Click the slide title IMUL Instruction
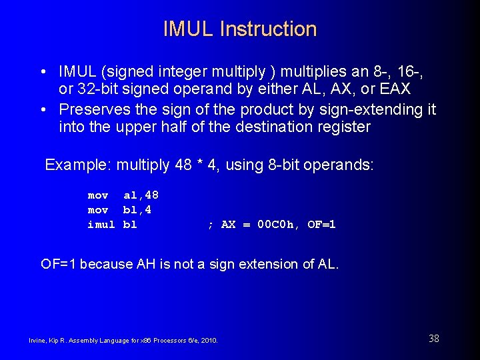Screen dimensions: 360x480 [x=240, y=29]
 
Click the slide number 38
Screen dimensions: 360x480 [x=433, y=339]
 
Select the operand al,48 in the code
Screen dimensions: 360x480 [x=141, y=195]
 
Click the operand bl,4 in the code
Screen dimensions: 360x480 [x=137, y=210]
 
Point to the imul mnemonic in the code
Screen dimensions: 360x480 [x=101, y=225]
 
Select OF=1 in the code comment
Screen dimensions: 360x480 [x=322, y=225]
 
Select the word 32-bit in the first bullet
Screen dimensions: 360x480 [x=98, y=89]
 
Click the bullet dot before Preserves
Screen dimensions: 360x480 [x=43, y=109]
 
